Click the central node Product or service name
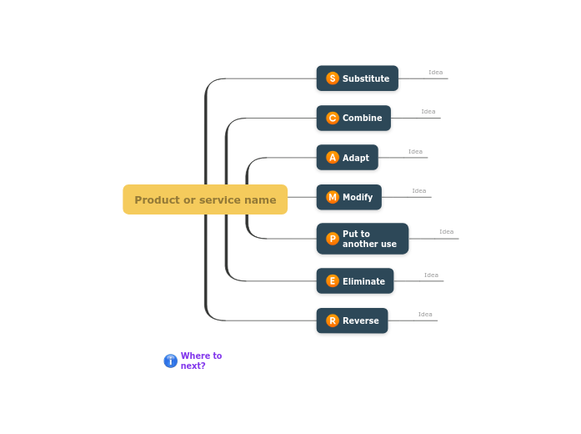pyautogui.click(x=205, y=199)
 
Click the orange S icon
pyautogui.click(x=333, y=78)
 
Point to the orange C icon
pyautogui.click(x=333, y=118)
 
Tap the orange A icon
pyautogui.click(x=333, y=158)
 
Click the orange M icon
pyautogui.click(x=333, y=197)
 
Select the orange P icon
pyautogui.click(x=333, y=239)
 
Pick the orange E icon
pyautogui.click(x=333, y=281)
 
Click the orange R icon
pyautogui.click(x=333, y=320)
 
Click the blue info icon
pyautogui.click(x=170, y=361)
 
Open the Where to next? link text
pyautogui.click(x=201, y=361)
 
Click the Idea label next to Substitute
pyautogui.click(x=435, y=73)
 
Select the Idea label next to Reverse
pyautogui.click(x=425, y=315)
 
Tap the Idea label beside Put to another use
pyautogui.click(x=446, y=232)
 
